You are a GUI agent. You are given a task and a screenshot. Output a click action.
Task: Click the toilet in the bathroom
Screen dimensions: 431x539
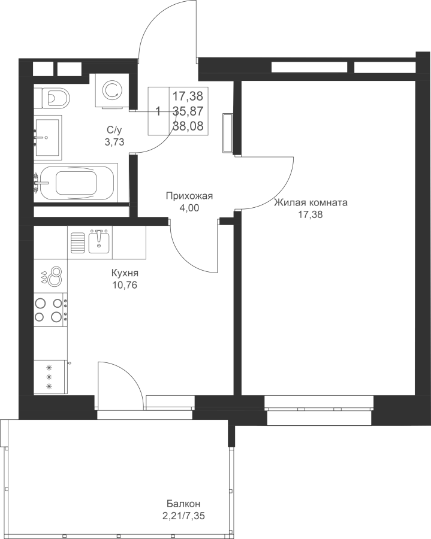(55, 98)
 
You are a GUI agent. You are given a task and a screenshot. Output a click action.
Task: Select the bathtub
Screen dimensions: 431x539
(76, 183)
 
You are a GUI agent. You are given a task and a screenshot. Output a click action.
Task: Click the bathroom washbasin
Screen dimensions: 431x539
(48, 138)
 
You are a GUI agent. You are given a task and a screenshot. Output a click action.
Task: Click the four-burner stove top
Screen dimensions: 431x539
(50, 310)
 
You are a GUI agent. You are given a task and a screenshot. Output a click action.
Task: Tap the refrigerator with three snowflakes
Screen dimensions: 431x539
(50, 377)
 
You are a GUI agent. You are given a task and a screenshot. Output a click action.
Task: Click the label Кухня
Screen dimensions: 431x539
(125, 273)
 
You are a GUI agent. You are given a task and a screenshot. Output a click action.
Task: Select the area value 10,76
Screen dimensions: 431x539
(125, 285)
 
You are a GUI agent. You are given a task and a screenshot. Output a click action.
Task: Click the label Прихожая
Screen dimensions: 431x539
(189, 196)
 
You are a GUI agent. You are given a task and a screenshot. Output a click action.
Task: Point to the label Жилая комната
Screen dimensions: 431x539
(311, 203)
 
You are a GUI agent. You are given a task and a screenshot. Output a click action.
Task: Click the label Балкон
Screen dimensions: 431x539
(183, 504)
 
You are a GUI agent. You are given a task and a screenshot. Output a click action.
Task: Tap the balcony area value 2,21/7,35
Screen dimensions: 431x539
(185, 516)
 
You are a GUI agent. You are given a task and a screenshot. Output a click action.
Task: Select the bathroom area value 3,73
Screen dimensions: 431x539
(114, 141)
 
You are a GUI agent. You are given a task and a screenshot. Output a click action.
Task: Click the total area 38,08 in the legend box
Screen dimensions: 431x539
(188, 126)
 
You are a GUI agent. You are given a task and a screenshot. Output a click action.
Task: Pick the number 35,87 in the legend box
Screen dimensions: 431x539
(188, 111)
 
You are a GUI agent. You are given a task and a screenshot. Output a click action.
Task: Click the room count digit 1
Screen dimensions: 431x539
(158, 111)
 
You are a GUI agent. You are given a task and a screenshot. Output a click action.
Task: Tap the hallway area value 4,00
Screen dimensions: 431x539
(189, 208)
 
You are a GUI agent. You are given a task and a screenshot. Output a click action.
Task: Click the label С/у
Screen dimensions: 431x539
(114, 130)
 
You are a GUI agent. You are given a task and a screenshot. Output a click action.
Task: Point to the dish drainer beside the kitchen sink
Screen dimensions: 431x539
(78, 243)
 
